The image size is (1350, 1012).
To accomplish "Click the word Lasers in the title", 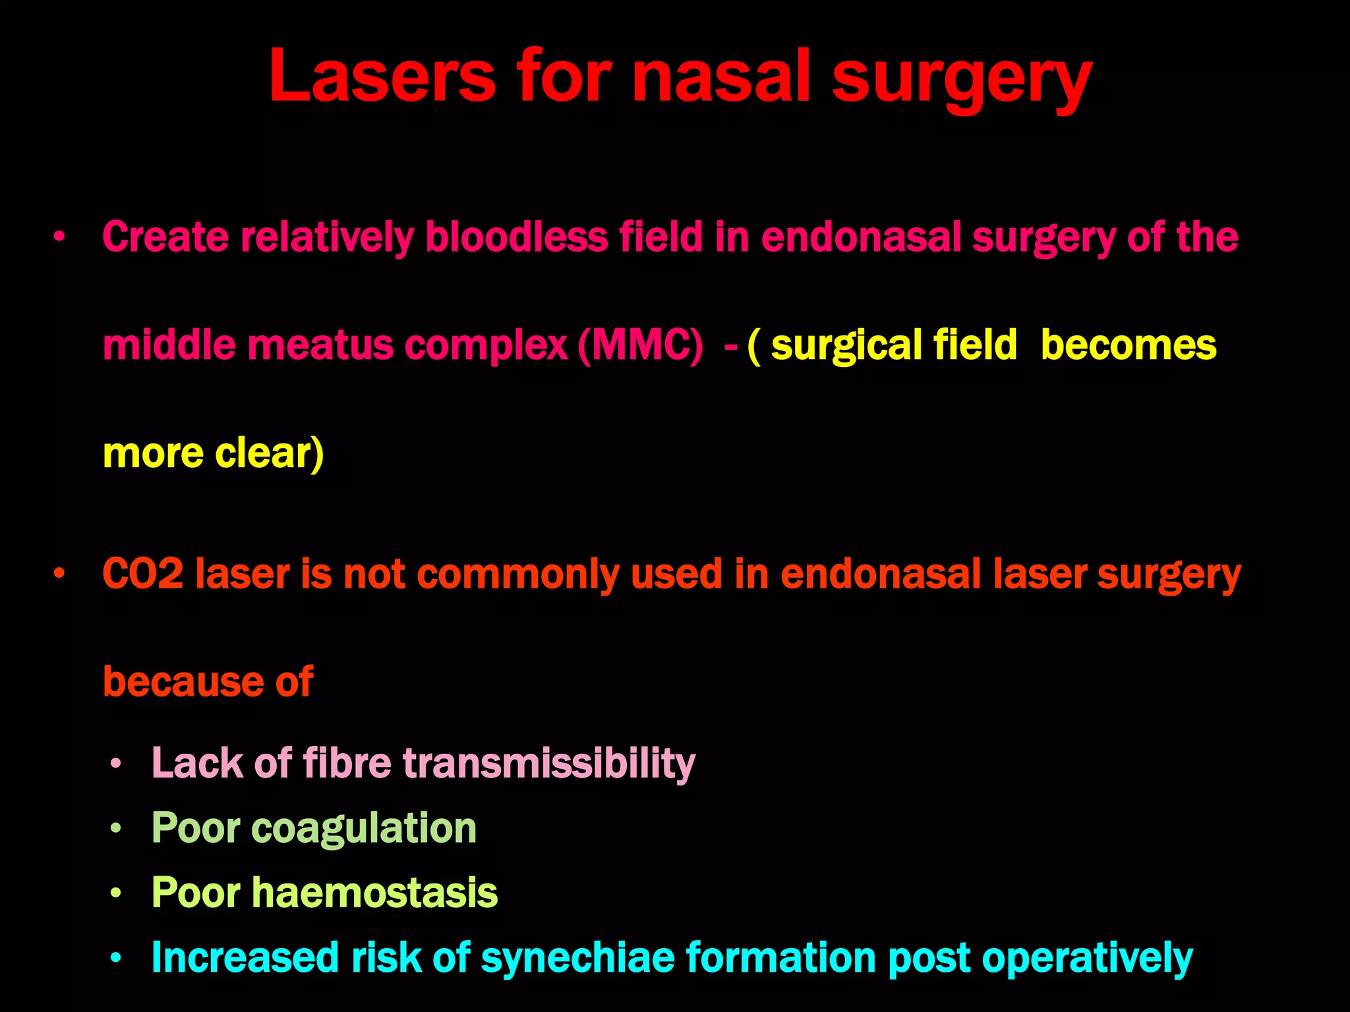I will [x=382, y=77].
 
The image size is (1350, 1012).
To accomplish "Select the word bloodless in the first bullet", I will [x=516, y=237].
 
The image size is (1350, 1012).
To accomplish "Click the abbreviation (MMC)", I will [x=640, y=345].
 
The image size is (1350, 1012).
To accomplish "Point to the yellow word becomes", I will [x=1128, y=345].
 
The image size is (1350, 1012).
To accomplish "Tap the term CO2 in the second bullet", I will [x=142, y=573].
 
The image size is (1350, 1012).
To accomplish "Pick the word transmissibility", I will [x=548, y=763].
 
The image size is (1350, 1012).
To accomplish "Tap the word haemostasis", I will [x=374, y=892].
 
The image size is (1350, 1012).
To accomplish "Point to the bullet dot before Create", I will [x=59, y=237].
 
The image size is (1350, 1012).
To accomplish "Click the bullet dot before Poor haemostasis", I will [x=116, y=893].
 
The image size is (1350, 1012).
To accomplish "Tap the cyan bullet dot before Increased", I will [x=116, y=958].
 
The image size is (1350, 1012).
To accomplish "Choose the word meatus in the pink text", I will [x=319, y=345].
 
